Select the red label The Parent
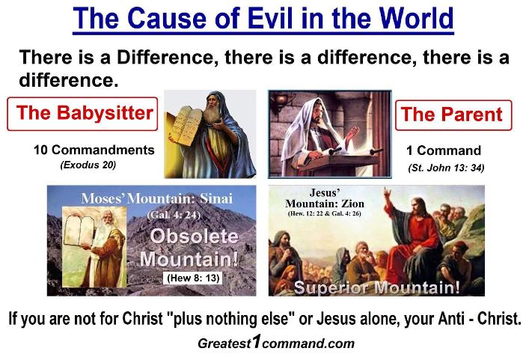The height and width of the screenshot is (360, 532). tap(453, 115)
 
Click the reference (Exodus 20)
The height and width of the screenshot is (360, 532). tap(88, 165)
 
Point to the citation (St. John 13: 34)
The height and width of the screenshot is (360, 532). tap(446, 168)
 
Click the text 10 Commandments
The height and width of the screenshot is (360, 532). tap(94, 150)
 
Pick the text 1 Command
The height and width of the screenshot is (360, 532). tap(444, 150)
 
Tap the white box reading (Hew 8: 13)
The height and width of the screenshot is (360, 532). tap(193, 278)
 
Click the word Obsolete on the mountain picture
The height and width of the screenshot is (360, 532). tap(195, 237)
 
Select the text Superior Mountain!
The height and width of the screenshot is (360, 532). tap(376, 287)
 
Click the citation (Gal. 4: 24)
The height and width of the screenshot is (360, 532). tap(174, 215)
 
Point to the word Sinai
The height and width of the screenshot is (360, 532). tap(216, 198)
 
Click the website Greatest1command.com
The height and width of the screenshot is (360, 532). tap(276, 343)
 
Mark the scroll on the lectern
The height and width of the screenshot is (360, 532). tap(353, 150)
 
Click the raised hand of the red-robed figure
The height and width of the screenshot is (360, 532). tap(387, 195)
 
